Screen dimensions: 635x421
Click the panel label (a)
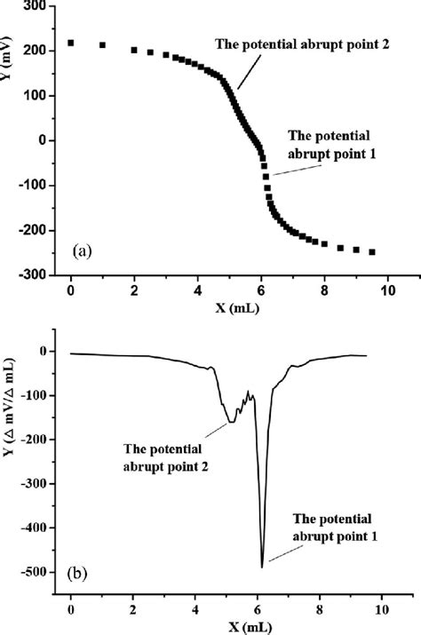[82, 251]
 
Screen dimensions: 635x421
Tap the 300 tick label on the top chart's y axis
[36, 6]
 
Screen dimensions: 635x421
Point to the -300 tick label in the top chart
[33, 275]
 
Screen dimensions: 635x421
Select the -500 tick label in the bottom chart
[33, 571]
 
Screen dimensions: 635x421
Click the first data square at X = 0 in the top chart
[71, 43]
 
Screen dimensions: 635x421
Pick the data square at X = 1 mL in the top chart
[102, 45]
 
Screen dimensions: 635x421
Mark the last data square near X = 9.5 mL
[372, 252]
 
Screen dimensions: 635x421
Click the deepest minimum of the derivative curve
[262, 566]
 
